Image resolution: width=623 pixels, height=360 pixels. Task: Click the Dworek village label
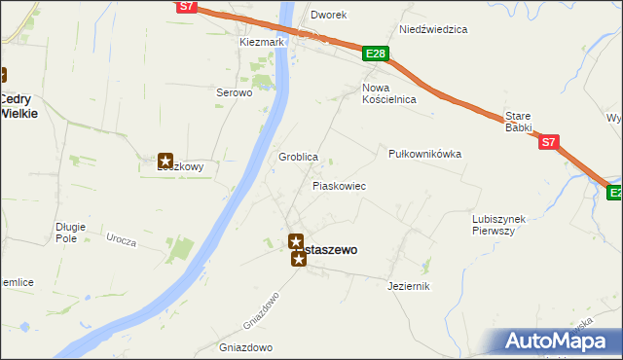(329, 16)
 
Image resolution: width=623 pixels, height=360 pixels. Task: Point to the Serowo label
(234, 93)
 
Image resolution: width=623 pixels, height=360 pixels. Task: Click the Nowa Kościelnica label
(388, 93)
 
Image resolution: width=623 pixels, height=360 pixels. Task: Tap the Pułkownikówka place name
(424, 154)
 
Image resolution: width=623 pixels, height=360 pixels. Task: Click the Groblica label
(299, 157)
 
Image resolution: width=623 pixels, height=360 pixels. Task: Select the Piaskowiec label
(339, 185)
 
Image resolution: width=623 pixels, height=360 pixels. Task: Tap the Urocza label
(121, 239)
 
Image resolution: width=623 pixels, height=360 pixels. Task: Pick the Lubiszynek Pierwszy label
(498, 225)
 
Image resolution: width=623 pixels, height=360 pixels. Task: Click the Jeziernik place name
(408, 286)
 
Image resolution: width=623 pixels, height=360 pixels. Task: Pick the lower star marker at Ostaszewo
(298, 258)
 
